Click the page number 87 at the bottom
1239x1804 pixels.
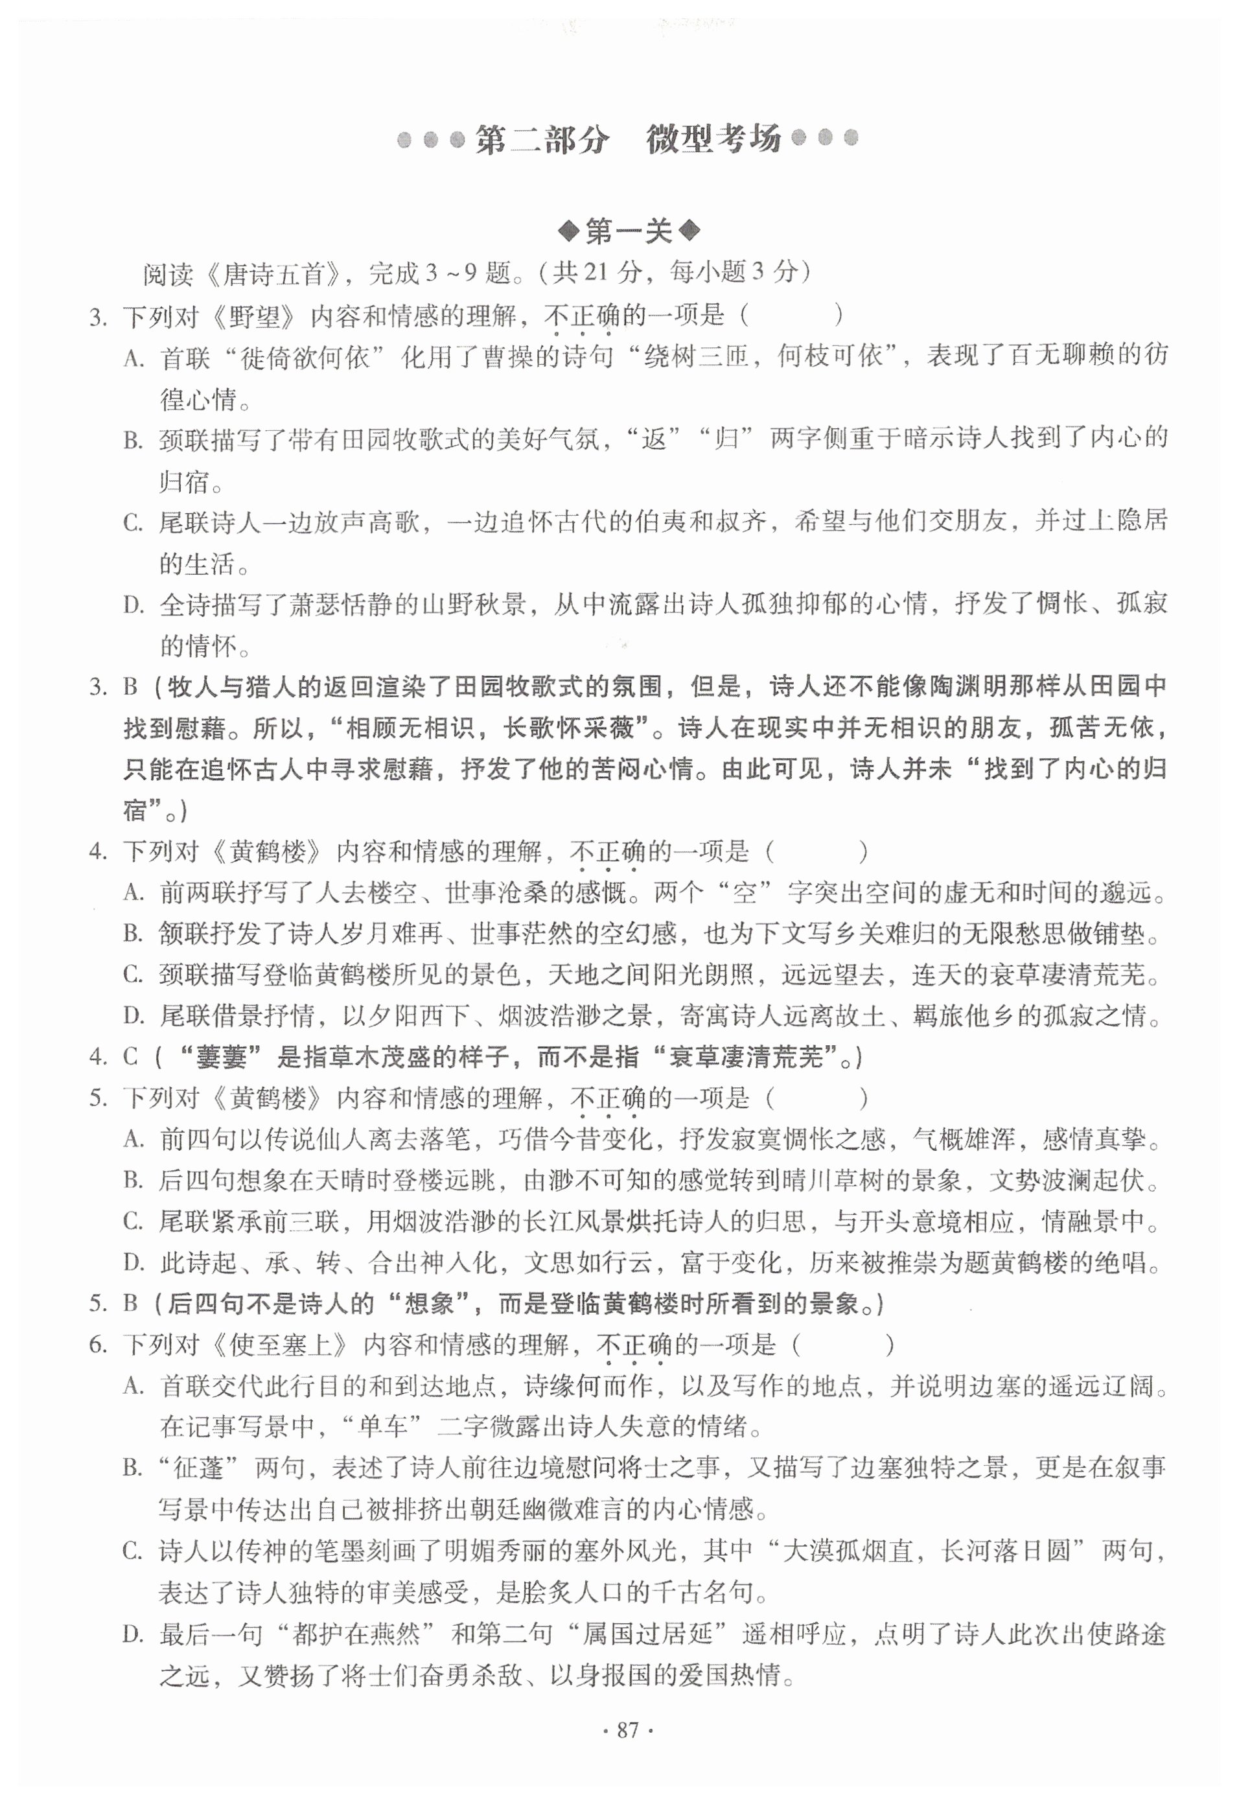point(627,1730)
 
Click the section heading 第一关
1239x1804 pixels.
point(628,231)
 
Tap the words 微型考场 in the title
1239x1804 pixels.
point(713,140)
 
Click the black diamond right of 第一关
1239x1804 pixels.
point(689,231)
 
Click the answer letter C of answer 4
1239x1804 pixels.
point(130,1056)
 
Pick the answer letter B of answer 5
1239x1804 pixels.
point(130,1303)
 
